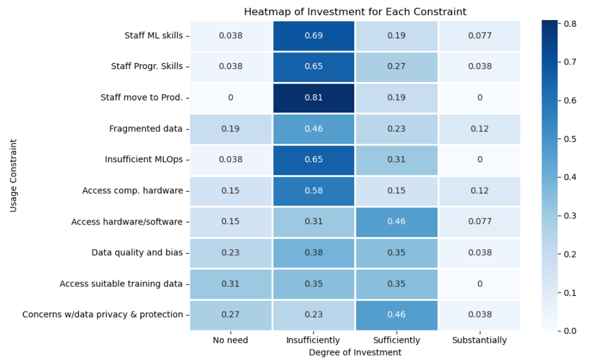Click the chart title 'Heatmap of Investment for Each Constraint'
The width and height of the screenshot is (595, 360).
(x=355, y=12)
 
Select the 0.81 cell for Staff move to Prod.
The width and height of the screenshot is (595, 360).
(x=314, y=98)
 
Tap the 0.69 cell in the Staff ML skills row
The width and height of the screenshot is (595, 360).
(x=314, y=36)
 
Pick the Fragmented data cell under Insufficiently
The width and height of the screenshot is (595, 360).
(x=314, y=129)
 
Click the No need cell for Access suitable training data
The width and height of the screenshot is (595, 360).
(x=231, y=284)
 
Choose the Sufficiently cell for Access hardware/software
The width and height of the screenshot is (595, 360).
(x=396, y=222)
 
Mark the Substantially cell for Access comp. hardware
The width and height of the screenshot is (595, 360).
(x=479, y=191)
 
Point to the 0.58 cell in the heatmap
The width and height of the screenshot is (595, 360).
(x=314, y=191)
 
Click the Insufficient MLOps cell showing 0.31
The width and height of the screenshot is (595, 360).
(x=396, y=159)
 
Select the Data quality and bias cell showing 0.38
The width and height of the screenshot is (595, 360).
(x=314, y=252)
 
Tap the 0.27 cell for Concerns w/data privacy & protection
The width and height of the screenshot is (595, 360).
(x=231, y=314)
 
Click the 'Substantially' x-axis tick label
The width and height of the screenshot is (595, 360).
(x=479, y=340)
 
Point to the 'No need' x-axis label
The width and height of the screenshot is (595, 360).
(x=231, y=340)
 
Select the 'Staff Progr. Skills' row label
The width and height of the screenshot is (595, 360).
(x=147, y=66)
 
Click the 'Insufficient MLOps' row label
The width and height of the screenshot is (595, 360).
(x=144, y=159)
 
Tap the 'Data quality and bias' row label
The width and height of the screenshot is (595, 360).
(x=137, y=252)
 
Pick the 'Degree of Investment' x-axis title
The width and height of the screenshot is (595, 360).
(x=355, y=352)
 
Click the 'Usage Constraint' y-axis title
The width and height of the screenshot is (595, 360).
(x=13, y=176)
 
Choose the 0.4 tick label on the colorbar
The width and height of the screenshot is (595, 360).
(x=570, y=177)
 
